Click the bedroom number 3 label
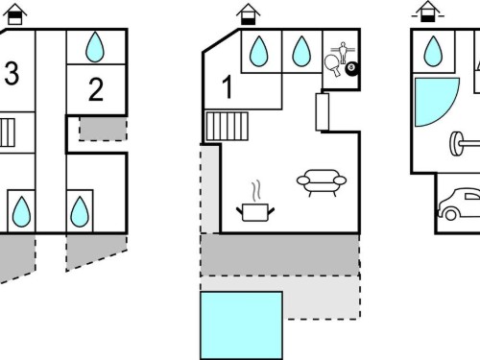pyautogui.click(x=12, y=74)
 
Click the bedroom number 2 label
pyautogui.click(x=96, y=89)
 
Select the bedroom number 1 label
pyautogui.click(x=227, y=86)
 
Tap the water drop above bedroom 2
pyautogui.click(x=95, y=47)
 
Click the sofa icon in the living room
pyautogui.click(x=322, y=182)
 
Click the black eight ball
pyautogui.click(x=351, y=69)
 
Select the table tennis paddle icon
pyautogui.click(x=332, y=65)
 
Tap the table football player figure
pyautogui.click(x=343, y=52)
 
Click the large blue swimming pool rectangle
pyautogui.click(x=241, y=325)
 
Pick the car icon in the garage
pyautogui.click(x=459, y=204)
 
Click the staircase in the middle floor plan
pyautogui.click(x=227, y=126)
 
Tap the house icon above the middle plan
pyautogui.click(x=248, y=14)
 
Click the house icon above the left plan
pyautogui.click(x=14, y=14)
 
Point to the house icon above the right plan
pyautogui.click(x=428, y=12)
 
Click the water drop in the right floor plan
pyautogui.click(x=433, y=52)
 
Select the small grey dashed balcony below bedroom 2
pyautogui.click(x=103, y=129)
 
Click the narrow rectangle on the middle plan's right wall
pyautogui.click(x=323, y=111)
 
